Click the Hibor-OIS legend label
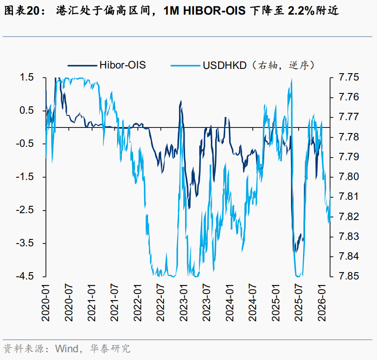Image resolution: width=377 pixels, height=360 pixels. pyautogui.click(x=122, y=65)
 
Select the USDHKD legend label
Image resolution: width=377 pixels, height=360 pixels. pyautogui.click(x=224, y=65)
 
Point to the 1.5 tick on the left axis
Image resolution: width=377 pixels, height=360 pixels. pyautogui.click(x=27, y=78)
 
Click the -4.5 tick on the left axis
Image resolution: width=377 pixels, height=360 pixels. pyautogui.click(x=25, y=276)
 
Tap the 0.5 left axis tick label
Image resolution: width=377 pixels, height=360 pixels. pyautogui.click(x=27, y=111)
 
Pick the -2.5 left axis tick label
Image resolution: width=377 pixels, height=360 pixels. pyautogui.click(x=25, y=210)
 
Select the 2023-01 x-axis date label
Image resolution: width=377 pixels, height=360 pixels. pyautogui.click(x=185, y=302)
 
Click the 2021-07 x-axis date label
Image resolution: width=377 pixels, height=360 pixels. pyautogui.click(x=115, y=302)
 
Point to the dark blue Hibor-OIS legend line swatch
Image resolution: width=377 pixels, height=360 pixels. pyautogui.click(x=82, y=65)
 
